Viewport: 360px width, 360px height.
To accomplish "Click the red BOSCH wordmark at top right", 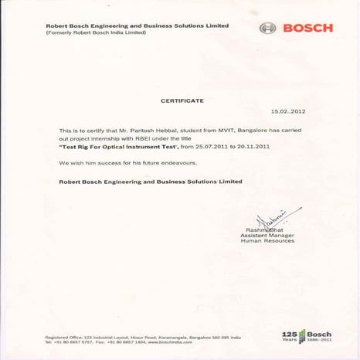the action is point(308,29).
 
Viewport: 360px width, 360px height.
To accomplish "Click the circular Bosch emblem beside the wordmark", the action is point(268,29).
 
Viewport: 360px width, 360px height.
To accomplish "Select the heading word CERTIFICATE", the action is point(182,101).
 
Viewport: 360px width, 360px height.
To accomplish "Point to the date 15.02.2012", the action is point(287,112).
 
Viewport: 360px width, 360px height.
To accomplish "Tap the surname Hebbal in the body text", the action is point(151,131).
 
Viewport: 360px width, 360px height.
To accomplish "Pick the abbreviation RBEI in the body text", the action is point(128,138).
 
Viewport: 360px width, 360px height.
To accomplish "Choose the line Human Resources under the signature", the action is point(267,241).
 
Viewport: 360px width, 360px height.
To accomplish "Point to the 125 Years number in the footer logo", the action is point(290,334).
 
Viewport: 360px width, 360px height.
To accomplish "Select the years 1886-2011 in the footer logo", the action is point(319,340).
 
